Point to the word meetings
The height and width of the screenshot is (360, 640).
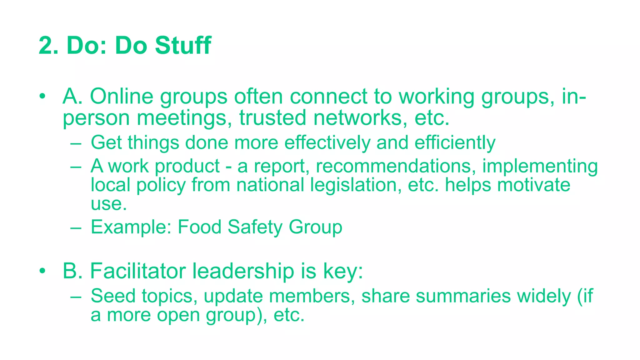[184, 118]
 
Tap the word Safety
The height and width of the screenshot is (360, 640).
[255, 227]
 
